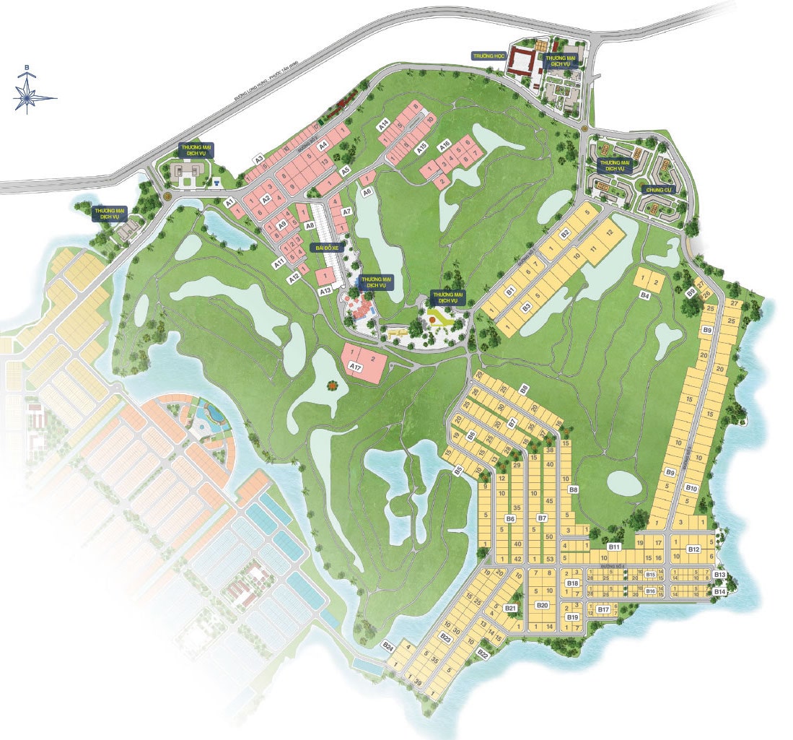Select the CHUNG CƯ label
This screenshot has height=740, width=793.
pyautogui.click(x=658, y=190)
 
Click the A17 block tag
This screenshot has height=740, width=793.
pyautogui.click(x=354, y=367)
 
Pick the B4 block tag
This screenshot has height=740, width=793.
pyautogui.click(x=645, y=295)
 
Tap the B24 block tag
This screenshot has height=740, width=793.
pyautogui.click(x=389, y=645)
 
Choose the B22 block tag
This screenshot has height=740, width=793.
pyautogui.click(x=483, y=654)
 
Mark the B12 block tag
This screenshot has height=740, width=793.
pyautogui.click(x=693, y=549)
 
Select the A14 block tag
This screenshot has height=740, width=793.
pyautogui.click(x=384, y=124)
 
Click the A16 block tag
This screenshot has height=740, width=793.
pyautogui.click(x=444, y=144)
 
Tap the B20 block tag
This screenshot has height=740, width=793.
pyautogui.click(x=543, y=605)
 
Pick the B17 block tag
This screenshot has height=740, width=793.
pyautogui.click(x=604, y=609)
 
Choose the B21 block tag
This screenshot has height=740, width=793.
pyautogui.click(x=510, y=609)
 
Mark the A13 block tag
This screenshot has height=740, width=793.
pyautogui.click(x=325, y=290)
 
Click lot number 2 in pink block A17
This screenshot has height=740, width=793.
pyautogui.click(x=373, y=359)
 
